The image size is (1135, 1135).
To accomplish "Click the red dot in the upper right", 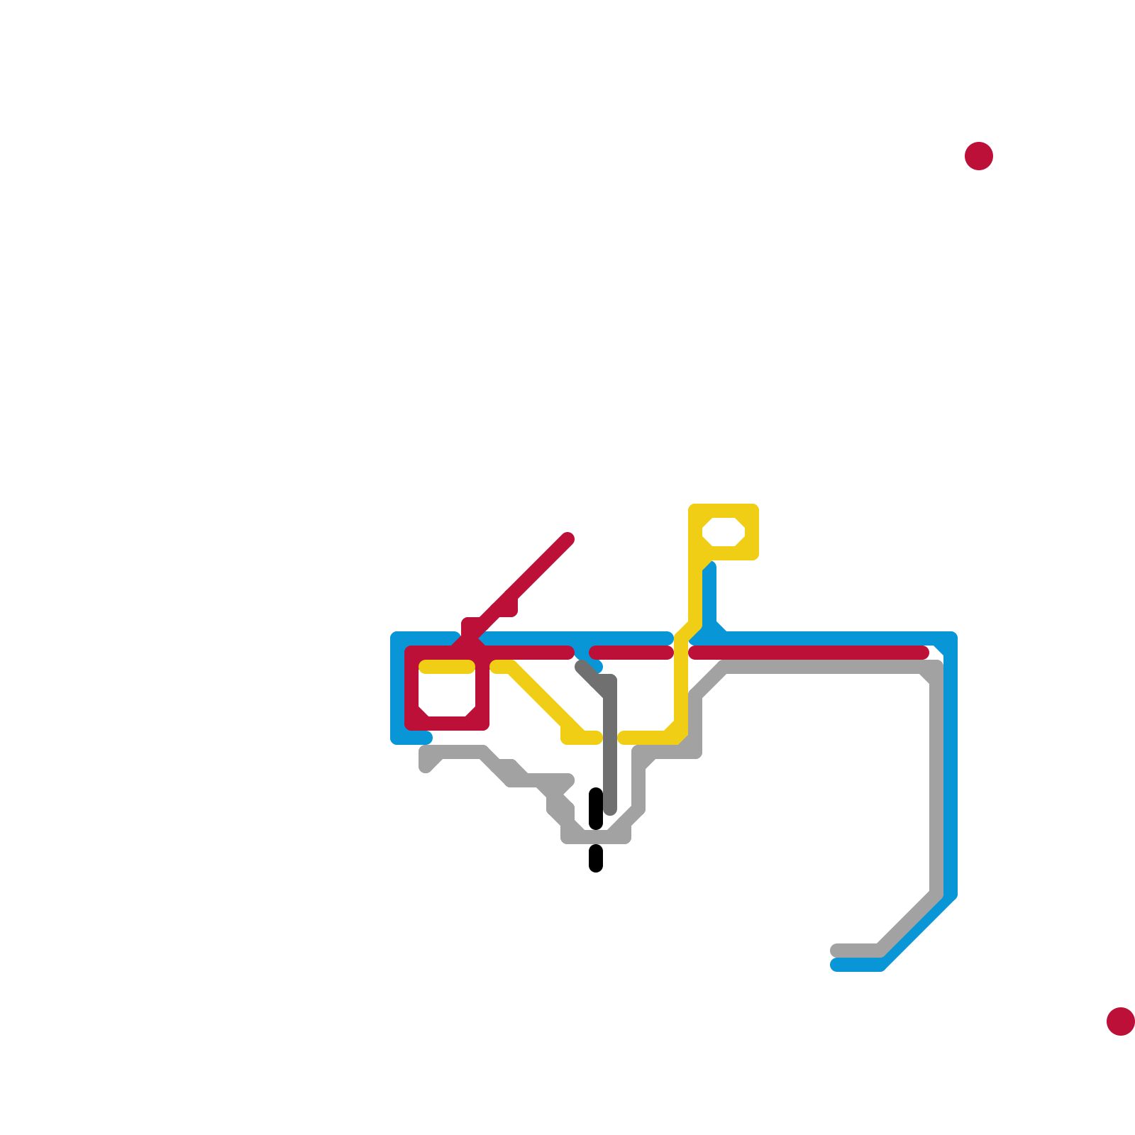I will coord(978,156).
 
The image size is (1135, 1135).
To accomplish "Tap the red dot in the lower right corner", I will coord(1120,1021).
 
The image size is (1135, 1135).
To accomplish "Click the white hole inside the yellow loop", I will coord(723,532).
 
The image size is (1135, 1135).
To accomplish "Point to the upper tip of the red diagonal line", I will coord(567,539).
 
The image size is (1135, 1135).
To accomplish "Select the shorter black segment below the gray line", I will coord(596,858).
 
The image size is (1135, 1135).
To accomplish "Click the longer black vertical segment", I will coord(596,809).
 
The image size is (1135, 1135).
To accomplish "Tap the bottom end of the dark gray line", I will coord(610,809).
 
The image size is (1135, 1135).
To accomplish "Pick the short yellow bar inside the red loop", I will coord(447,667).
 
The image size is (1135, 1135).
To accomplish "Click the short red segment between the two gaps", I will coord(631,653).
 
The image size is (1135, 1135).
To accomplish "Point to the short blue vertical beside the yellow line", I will coord(709,596).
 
